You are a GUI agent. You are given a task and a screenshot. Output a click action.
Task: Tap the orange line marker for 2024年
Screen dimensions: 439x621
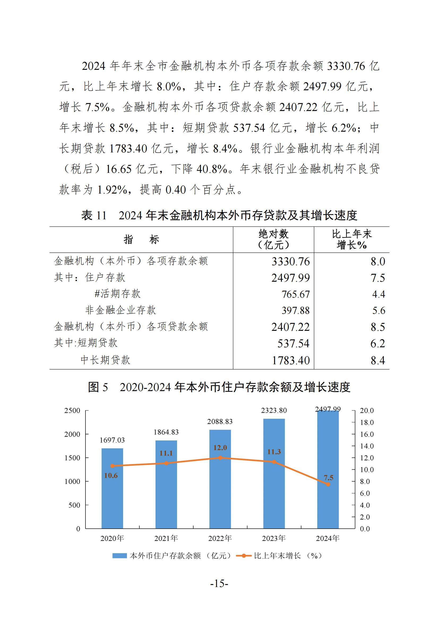coord(328,484)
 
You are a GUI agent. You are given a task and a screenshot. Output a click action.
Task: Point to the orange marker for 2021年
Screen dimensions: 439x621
coord(166,463)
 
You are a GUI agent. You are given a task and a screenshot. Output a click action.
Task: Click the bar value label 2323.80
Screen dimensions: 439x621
coord(274,410)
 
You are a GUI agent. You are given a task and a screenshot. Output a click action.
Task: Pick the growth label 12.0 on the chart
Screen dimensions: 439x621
coord(220,448)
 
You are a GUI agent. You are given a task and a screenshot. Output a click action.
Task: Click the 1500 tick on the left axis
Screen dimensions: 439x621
coord(72,458)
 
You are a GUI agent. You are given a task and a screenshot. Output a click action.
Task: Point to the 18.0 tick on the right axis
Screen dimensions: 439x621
coord(367,422)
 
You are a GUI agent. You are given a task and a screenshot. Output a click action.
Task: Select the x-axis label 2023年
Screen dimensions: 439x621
coord(274,538)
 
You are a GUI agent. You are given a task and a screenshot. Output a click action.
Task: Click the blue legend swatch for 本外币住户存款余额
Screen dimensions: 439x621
coord(119,556)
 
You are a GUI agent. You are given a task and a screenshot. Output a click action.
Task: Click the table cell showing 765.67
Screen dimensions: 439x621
coord(296,294)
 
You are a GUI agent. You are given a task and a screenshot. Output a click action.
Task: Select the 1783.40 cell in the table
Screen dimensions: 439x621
coord(291,360)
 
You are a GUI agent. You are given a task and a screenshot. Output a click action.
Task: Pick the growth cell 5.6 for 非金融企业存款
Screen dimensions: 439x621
coord(379,311)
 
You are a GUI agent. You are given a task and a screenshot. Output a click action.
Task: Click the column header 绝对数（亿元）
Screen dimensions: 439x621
coord(273,239)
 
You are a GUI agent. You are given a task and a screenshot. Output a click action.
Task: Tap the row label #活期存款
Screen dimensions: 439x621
coord(118,294)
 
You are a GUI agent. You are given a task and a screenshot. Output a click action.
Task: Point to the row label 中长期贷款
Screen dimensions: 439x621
coord(105,360)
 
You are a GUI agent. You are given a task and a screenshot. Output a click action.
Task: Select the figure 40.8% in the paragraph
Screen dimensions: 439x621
coord(212,169)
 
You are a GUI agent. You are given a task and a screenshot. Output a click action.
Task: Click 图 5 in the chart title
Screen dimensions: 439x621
coord(98,387)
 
